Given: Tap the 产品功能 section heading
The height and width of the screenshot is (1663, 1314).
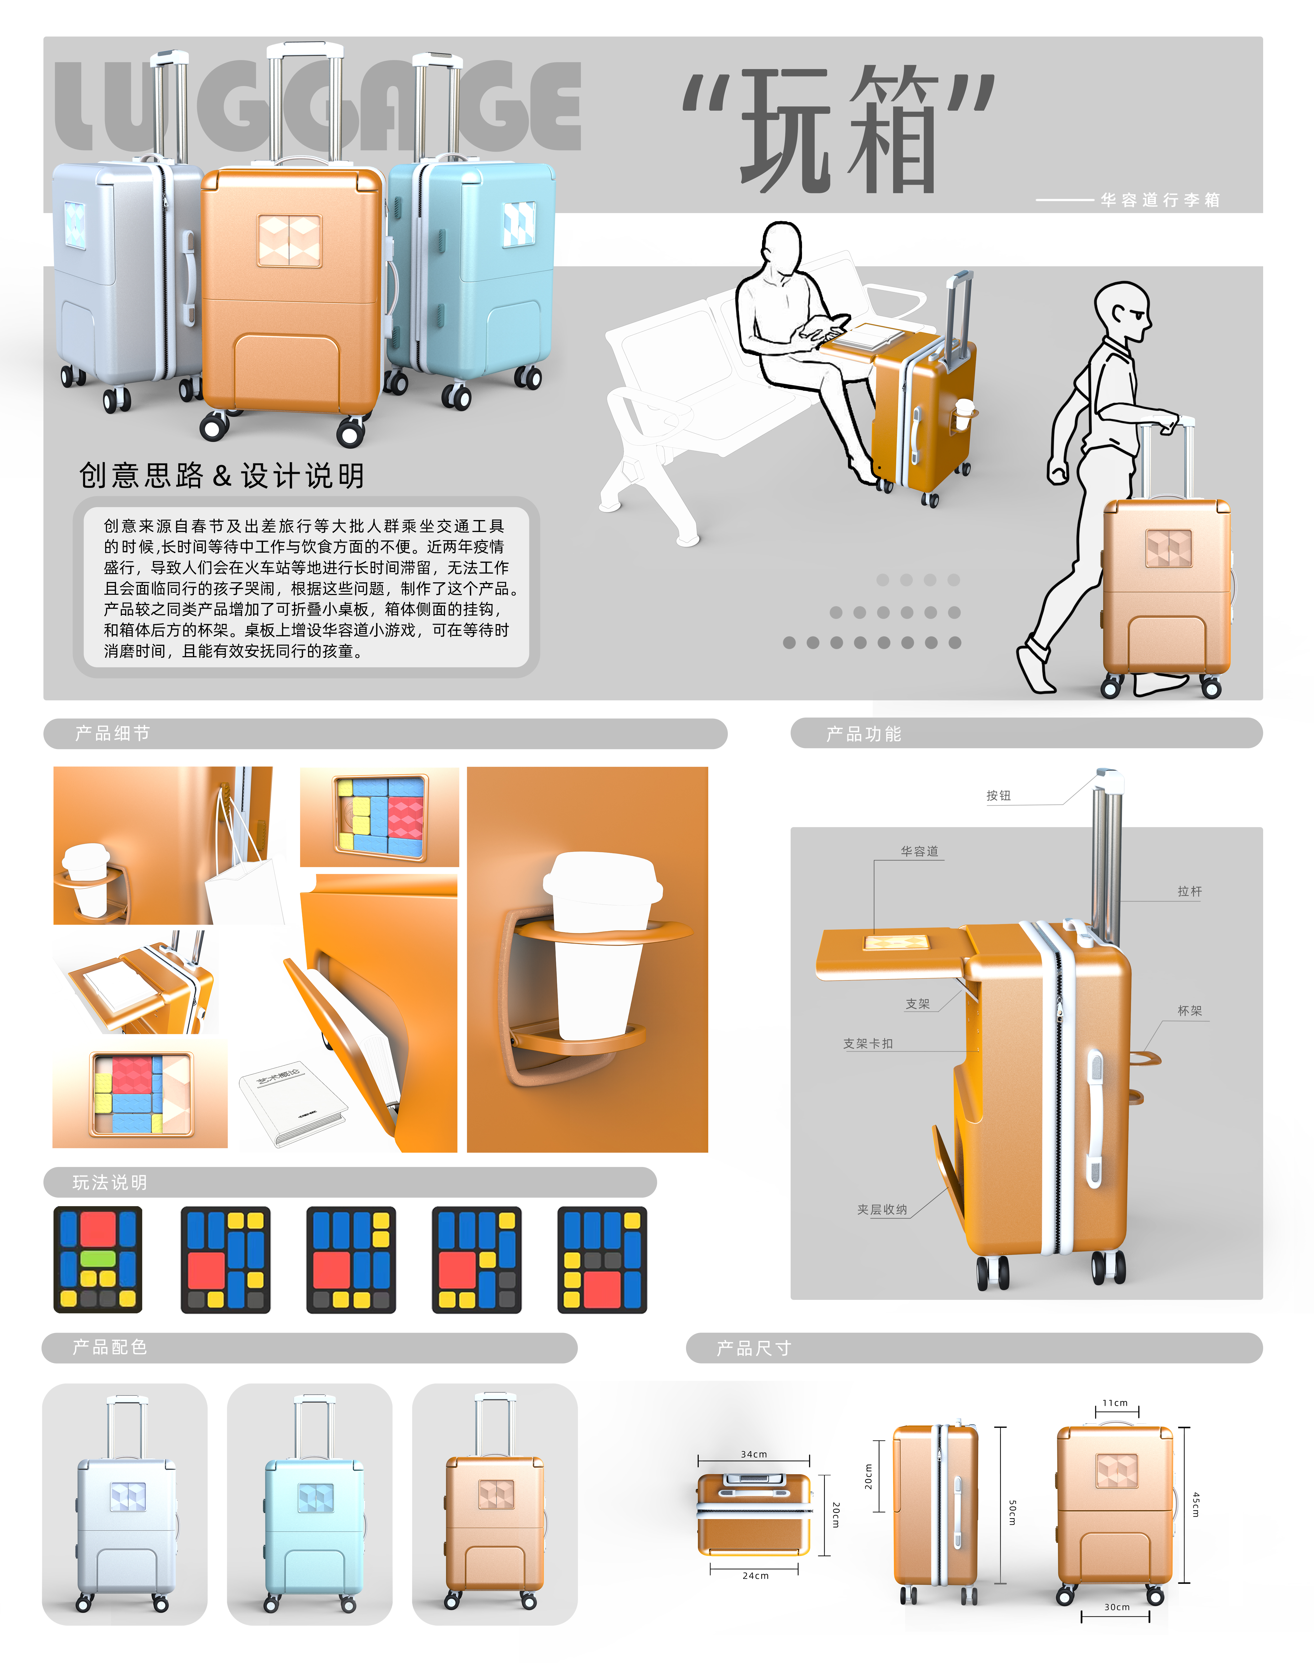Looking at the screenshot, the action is coord(863,734).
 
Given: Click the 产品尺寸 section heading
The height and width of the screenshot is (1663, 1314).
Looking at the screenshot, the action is coord(754,1349).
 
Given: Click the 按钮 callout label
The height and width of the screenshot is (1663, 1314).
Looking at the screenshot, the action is coord(999,796).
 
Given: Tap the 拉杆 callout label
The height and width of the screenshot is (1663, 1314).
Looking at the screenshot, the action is coord(1189,891).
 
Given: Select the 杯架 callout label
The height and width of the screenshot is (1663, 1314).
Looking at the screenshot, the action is coord(1189,1010).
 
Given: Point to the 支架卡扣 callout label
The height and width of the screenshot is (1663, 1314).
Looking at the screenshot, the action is coord(868,1043).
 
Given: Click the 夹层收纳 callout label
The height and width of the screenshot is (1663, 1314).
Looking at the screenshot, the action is coord(883,1209).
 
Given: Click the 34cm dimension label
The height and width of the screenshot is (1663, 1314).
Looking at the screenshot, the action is coord(754,1454).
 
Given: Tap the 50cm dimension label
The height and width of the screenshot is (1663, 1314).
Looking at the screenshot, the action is coord(1012,1512).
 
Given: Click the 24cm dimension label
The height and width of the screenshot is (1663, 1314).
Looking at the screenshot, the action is coord(755,1575).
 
